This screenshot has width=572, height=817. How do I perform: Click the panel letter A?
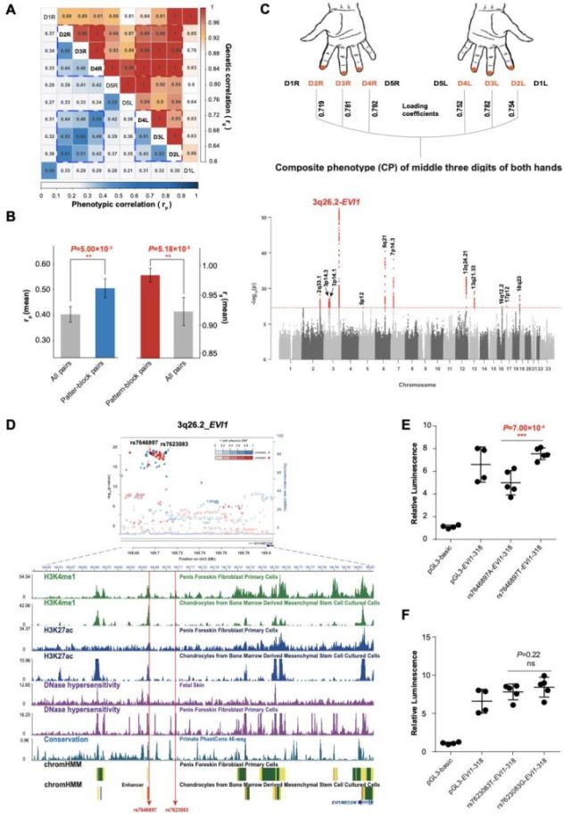tap(9, 8)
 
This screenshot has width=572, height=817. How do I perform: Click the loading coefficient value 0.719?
tap(320, 114)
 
